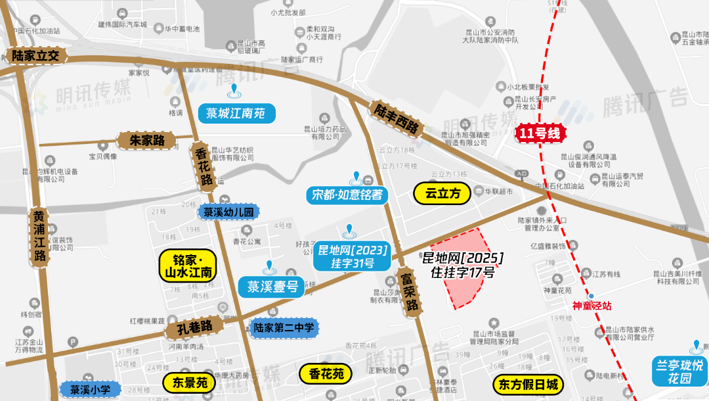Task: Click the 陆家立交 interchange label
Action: coord(35,55)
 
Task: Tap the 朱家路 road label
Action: coord(146,140)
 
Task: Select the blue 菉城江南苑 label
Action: coord(236,113)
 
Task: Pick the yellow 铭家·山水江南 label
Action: coord(188,266)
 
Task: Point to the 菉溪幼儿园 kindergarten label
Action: coord(228,212)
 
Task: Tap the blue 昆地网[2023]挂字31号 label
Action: coord(353,256)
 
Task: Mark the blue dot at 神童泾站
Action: coord(591,296)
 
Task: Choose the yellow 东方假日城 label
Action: coord(528,384)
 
